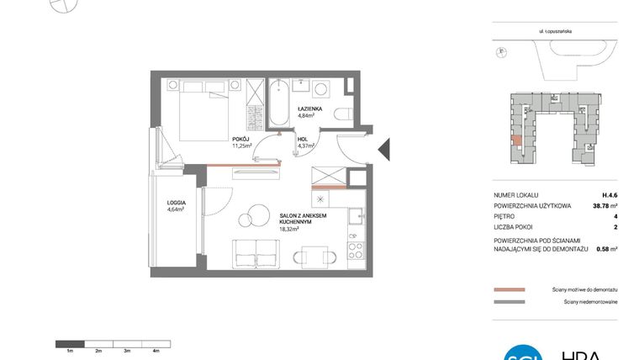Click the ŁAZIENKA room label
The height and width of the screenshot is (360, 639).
310,109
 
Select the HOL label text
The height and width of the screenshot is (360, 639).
304,140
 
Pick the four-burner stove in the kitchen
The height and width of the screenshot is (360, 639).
356,251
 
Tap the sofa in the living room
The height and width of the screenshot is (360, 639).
254,252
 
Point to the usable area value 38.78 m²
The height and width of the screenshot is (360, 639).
607,204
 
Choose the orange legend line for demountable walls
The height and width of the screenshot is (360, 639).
510,289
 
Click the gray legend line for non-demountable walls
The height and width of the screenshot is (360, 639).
510,301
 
